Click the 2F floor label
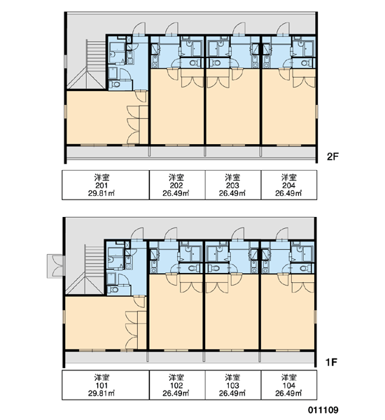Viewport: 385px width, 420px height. tap(332, 156)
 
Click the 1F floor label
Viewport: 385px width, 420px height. tap(331, 362)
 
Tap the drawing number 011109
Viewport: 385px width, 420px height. tap(323, 409)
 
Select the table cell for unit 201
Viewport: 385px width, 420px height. tap(106, 185)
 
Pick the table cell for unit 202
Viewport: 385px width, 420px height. tap(177, 185)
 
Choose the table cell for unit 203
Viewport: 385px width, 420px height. tap(233, 185)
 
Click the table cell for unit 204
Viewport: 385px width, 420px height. tap(289, 185)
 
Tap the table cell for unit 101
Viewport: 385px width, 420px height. tap(106, 385)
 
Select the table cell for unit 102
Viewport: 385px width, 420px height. tap(177, 385)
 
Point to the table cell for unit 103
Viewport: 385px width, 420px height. tap(233, 385)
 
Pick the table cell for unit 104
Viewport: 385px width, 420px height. tap(289, 385)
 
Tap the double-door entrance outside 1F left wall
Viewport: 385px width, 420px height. tap(56, 266)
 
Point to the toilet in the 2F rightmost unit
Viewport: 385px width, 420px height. tap(304, 63)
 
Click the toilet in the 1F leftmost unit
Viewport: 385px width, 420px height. tap(114, 290)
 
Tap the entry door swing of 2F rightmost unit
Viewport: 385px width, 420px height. tap(283, 29)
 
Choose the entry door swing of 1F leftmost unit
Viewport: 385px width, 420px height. tap(137, 234)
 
